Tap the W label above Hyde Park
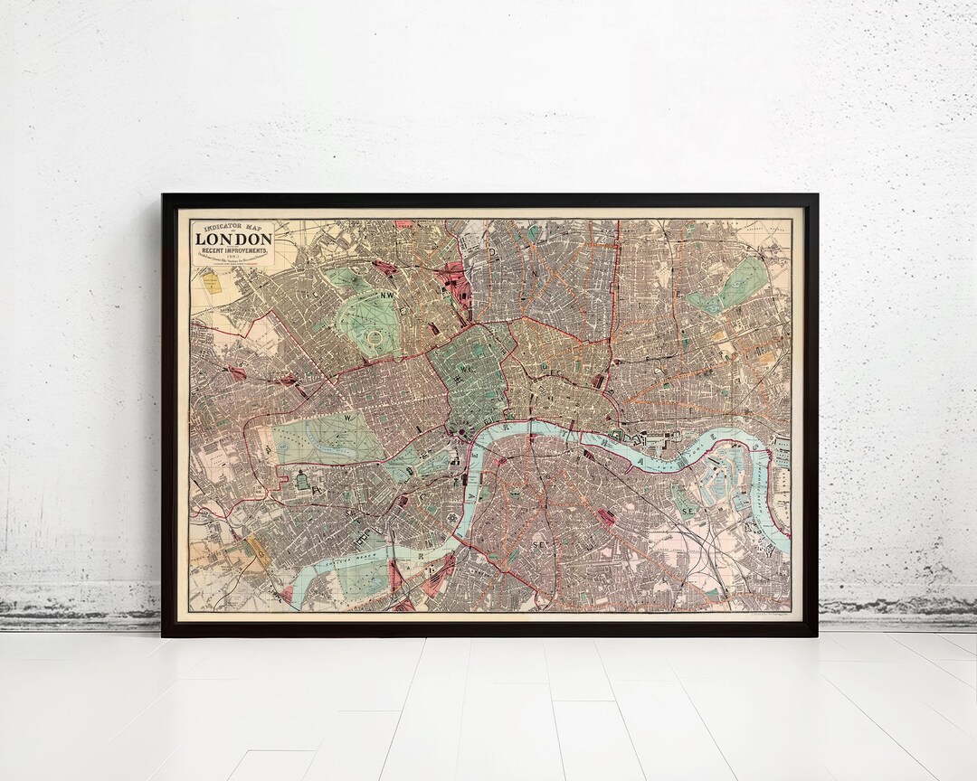pyautogui.click(x=347, y=418)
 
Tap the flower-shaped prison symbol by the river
pyautogui.click(x=451, y=518)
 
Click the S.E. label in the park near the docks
pyautogui.click(x=688, y=511)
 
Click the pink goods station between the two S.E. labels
pyautogui.click(x=604, y=517)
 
